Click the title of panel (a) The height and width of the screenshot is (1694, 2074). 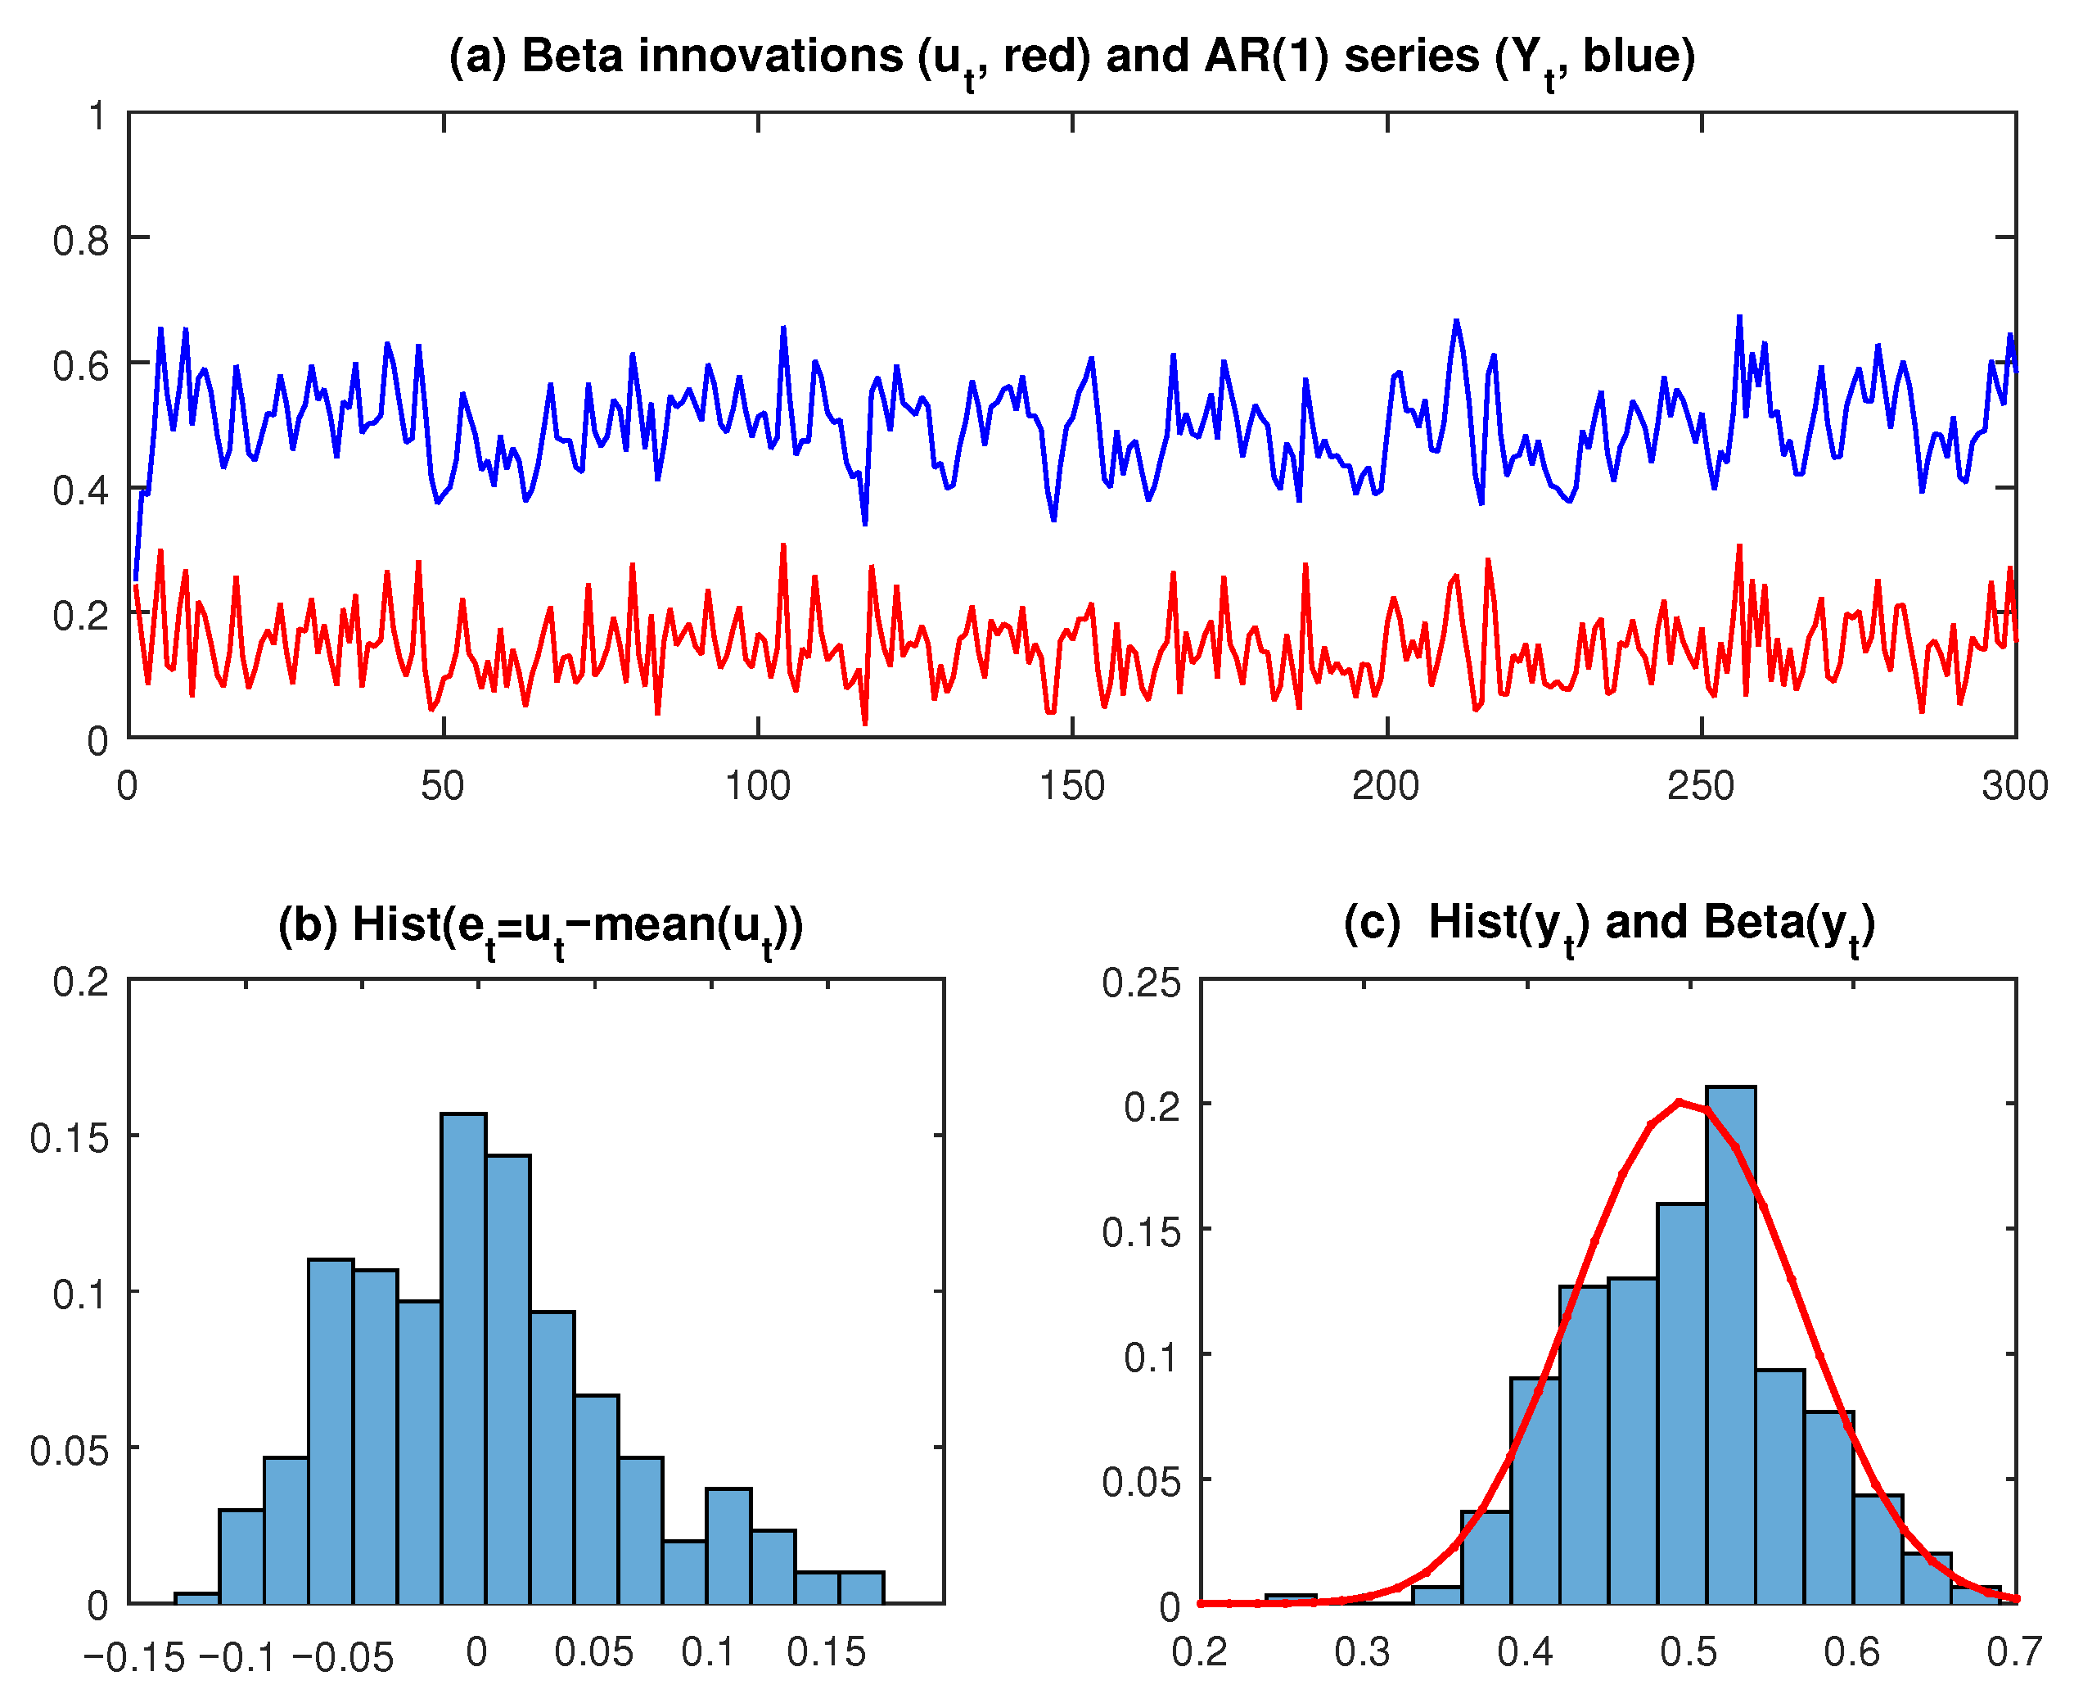pos(1071,56)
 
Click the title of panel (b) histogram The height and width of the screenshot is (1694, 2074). pos(539,925)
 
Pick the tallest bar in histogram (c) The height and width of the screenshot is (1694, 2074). pos(1730,1347)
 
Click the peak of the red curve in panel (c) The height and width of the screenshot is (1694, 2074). pos(1679,1103)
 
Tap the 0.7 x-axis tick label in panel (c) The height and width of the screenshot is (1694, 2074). pos(2013,1653)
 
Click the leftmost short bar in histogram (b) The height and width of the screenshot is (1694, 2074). pos(196,1597)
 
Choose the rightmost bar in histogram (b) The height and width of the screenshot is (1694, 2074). pos(861,1588)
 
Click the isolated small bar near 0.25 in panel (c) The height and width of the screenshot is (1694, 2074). pos(1291,1598)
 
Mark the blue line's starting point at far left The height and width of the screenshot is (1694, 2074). pos(136,579)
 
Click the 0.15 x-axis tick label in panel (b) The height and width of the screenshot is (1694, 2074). pos(827,1653)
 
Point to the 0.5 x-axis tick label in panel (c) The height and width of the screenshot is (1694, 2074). pos(1689,1653)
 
